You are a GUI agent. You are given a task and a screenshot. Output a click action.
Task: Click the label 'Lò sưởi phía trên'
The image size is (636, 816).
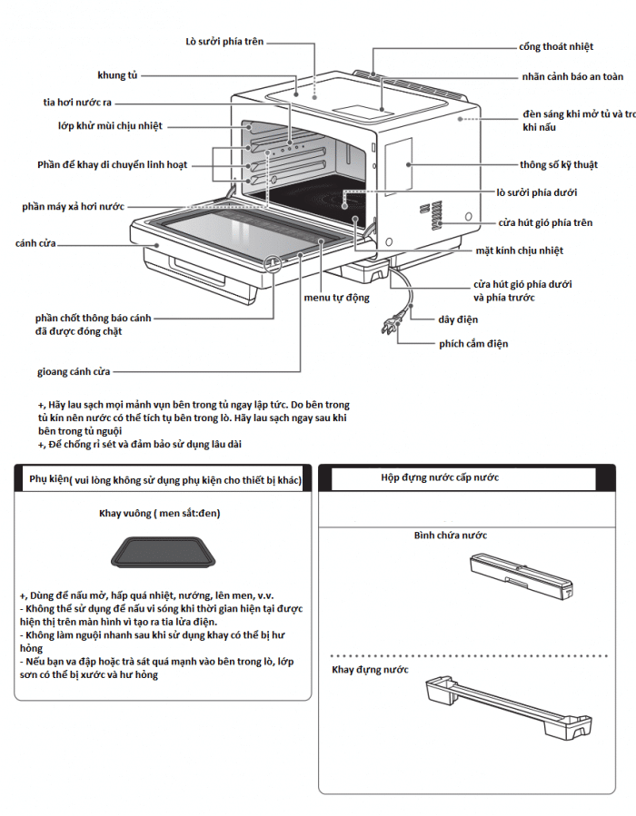point(224,41)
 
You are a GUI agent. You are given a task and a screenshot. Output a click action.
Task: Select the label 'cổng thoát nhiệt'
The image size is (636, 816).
point(555,45)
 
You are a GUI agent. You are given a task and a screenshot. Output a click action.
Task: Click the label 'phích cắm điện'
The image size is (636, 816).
point(473,344)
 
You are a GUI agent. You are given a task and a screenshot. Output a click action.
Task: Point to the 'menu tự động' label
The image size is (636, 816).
point(336,297)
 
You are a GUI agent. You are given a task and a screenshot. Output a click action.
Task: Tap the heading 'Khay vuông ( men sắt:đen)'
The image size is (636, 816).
point(160,514)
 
